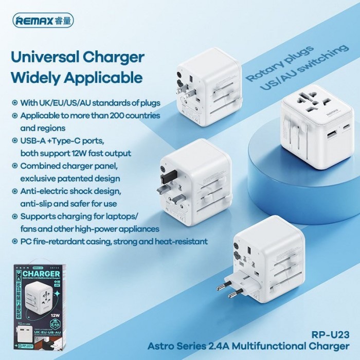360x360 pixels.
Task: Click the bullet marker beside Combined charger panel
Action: [14, 166]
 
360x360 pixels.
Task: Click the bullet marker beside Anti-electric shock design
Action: [14, 191]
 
